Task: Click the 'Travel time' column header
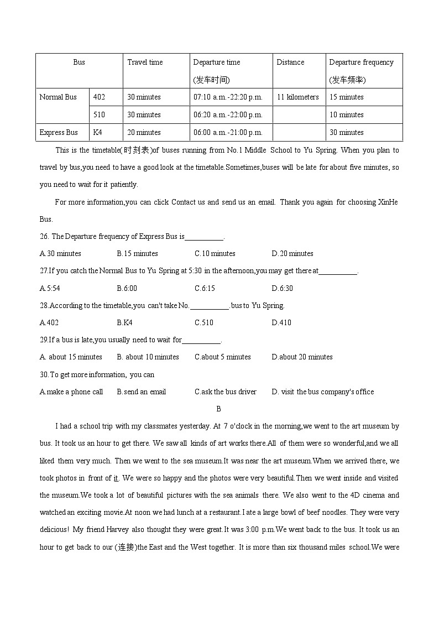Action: pos(145,62)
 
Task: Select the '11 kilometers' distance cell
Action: pos(297,97)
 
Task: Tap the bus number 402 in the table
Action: pos(99,97)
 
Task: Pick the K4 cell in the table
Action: pos(97,133)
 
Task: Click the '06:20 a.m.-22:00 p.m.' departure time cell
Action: pos(228,115)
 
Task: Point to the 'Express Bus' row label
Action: pos(59,133)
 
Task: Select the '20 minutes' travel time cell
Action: pos(144,133)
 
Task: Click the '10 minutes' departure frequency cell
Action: pos(346,115)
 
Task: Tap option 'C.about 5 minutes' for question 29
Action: pos(223,357)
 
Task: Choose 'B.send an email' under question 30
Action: pos(142,392)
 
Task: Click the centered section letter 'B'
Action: pos(219,409)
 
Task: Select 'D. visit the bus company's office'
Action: pos(323,392)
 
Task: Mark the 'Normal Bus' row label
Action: pos(58,97)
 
